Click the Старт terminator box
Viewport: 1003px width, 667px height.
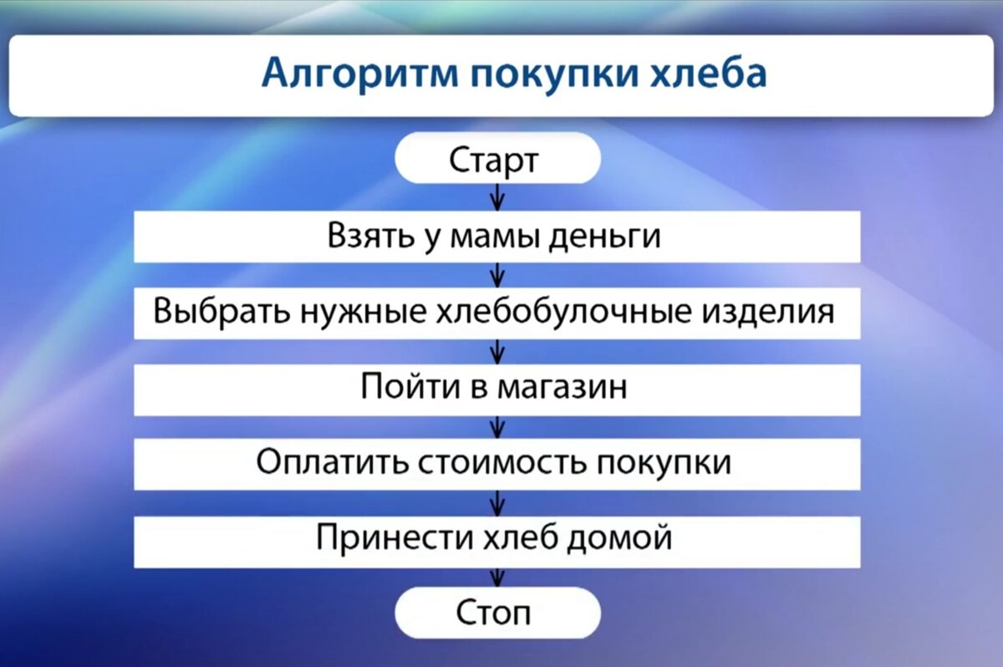(497, 160)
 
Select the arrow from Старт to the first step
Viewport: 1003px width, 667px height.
(498, 197)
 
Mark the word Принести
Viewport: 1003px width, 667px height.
(392, 537)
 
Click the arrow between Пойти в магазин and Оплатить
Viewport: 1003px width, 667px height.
(498, 425)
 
